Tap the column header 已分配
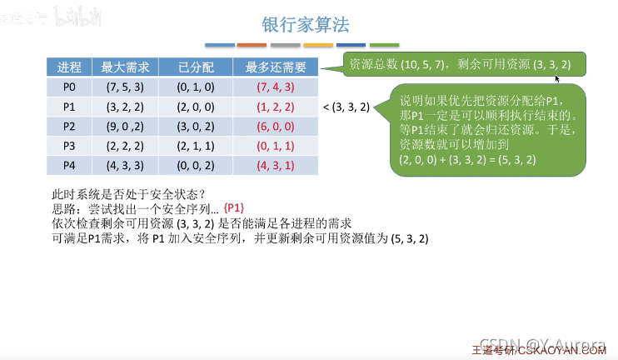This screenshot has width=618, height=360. (197, 67)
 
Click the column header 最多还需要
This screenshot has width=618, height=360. (276, 67)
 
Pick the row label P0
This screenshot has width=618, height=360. (69, 87)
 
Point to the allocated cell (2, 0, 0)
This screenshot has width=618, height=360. (197, 107)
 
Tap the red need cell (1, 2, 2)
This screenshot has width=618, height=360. (276, 107)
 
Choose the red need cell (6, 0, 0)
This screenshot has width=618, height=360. (276, 126)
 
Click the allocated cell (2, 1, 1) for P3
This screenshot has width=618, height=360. (197, 146)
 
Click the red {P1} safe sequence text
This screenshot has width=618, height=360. (236, 207)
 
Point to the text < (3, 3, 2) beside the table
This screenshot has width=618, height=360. (346, 107)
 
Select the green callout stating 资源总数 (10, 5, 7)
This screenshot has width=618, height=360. (462, 63)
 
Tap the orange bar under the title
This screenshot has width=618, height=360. (252, 44)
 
